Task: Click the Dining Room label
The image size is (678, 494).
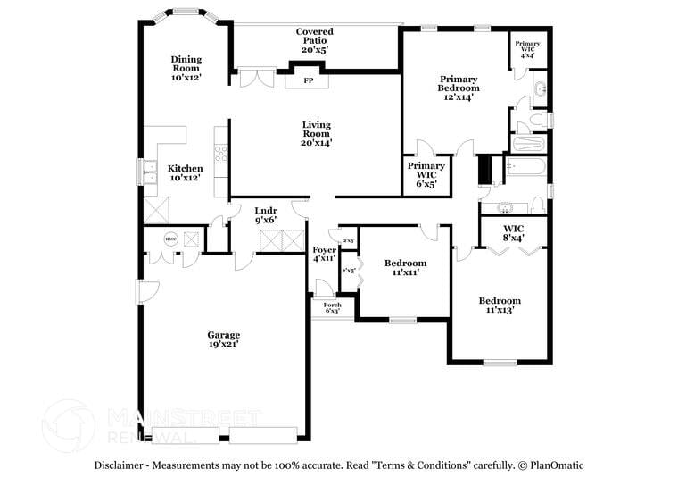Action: tap(186, 63)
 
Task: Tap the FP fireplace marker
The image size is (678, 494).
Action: tap(309, 80)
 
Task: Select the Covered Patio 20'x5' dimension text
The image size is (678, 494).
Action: tap(315, 50)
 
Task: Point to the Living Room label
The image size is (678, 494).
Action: tap(317, 129)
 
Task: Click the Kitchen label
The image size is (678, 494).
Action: tap(185, 169)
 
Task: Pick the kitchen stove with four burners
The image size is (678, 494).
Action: tap(221, 155)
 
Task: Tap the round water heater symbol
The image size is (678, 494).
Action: tap(170, 239)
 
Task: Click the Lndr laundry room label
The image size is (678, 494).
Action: tap(266, 211)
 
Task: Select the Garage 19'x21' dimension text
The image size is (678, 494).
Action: tap(224, 344)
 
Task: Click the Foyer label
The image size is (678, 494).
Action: tap(325, 250)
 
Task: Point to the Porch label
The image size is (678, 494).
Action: tap(332, 305)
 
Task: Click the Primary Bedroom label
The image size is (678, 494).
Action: tap(459, 84)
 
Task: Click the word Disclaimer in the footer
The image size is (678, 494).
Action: tap(119, 465)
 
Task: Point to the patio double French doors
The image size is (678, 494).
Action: tap(257, 77)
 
